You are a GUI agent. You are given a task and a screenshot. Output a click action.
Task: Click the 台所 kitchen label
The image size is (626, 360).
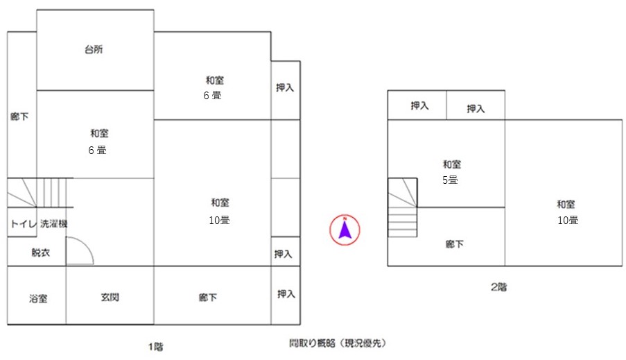point(94,49)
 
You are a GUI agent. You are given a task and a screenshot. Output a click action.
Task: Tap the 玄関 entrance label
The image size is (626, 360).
point(110,298)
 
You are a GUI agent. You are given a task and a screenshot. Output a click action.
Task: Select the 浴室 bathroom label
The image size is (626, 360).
point(38,298)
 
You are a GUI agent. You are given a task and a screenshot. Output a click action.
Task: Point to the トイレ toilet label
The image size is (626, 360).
point(24,223)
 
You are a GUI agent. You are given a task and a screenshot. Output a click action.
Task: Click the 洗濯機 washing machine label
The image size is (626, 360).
point(53,223)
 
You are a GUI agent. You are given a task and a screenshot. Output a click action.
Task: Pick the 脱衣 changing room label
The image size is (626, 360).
point(41,252)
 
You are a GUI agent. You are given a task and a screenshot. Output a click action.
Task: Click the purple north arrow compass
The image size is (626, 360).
point(345,230)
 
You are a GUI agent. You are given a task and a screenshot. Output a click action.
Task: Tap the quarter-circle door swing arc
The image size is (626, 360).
point(86,244)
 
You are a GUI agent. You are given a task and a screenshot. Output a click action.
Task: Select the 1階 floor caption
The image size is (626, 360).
point(156,346)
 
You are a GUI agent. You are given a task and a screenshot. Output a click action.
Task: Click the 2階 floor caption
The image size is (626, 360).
point(498,287)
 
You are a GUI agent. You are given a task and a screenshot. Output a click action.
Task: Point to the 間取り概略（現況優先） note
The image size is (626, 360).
point(338,343)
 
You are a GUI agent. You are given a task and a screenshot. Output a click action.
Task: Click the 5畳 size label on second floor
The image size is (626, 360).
point(450,180)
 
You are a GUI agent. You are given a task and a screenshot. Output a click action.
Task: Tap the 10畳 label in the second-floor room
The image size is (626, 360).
point(568,220)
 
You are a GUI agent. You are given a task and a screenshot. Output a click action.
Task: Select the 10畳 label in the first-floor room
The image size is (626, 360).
point(219,220)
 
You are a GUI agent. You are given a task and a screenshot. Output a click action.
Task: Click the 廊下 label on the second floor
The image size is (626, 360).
point(454,243)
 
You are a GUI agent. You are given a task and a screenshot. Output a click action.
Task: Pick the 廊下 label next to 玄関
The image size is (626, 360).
point(208,298)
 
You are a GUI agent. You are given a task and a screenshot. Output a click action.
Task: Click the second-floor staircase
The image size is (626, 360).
point(402,207)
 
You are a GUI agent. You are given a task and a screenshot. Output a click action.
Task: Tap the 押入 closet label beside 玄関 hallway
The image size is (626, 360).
point(286,294)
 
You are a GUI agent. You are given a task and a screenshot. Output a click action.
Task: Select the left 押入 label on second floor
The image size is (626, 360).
point(419,105)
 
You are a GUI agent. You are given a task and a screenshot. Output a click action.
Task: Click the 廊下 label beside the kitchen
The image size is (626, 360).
point(19,117)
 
